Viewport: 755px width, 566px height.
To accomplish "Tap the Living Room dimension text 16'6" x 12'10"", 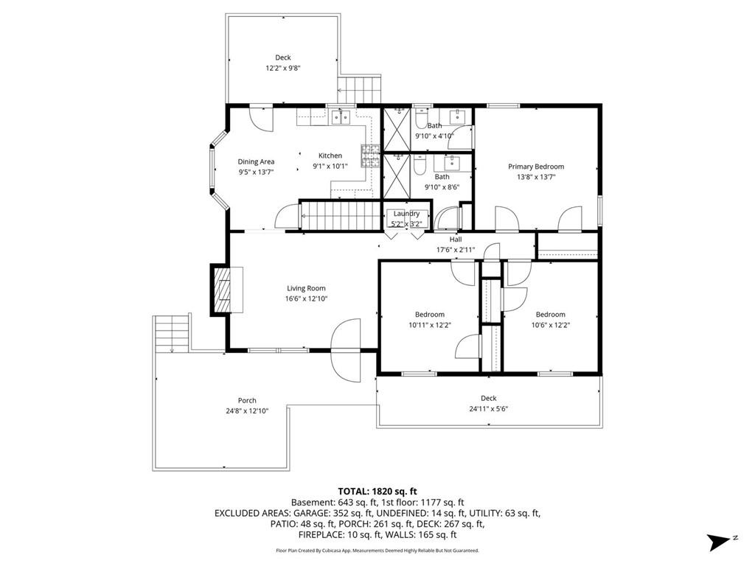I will pos(306,298).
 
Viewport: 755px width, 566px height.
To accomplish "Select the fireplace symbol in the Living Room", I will pos(223,289).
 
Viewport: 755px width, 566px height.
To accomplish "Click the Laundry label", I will pos(406,214).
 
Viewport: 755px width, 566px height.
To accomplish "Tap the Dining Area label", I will pos(256,161).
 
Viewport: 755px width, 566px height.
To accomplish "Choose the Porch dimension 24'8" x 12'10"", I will pos(247,411).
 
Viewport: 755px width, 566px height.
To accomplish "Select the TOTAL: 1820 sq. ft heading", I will pos(377,491).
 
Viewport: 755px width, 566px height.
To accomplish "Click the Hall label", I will pos(456,240).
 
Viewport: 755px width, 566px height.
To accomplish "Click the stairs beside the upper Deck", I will pos(360,90).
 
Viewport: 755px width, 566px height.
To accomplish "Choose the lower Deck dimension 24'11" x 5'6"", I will pos(488,409).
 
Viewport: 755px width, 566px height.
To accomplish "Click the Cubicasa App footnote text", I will pos(377,551).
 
